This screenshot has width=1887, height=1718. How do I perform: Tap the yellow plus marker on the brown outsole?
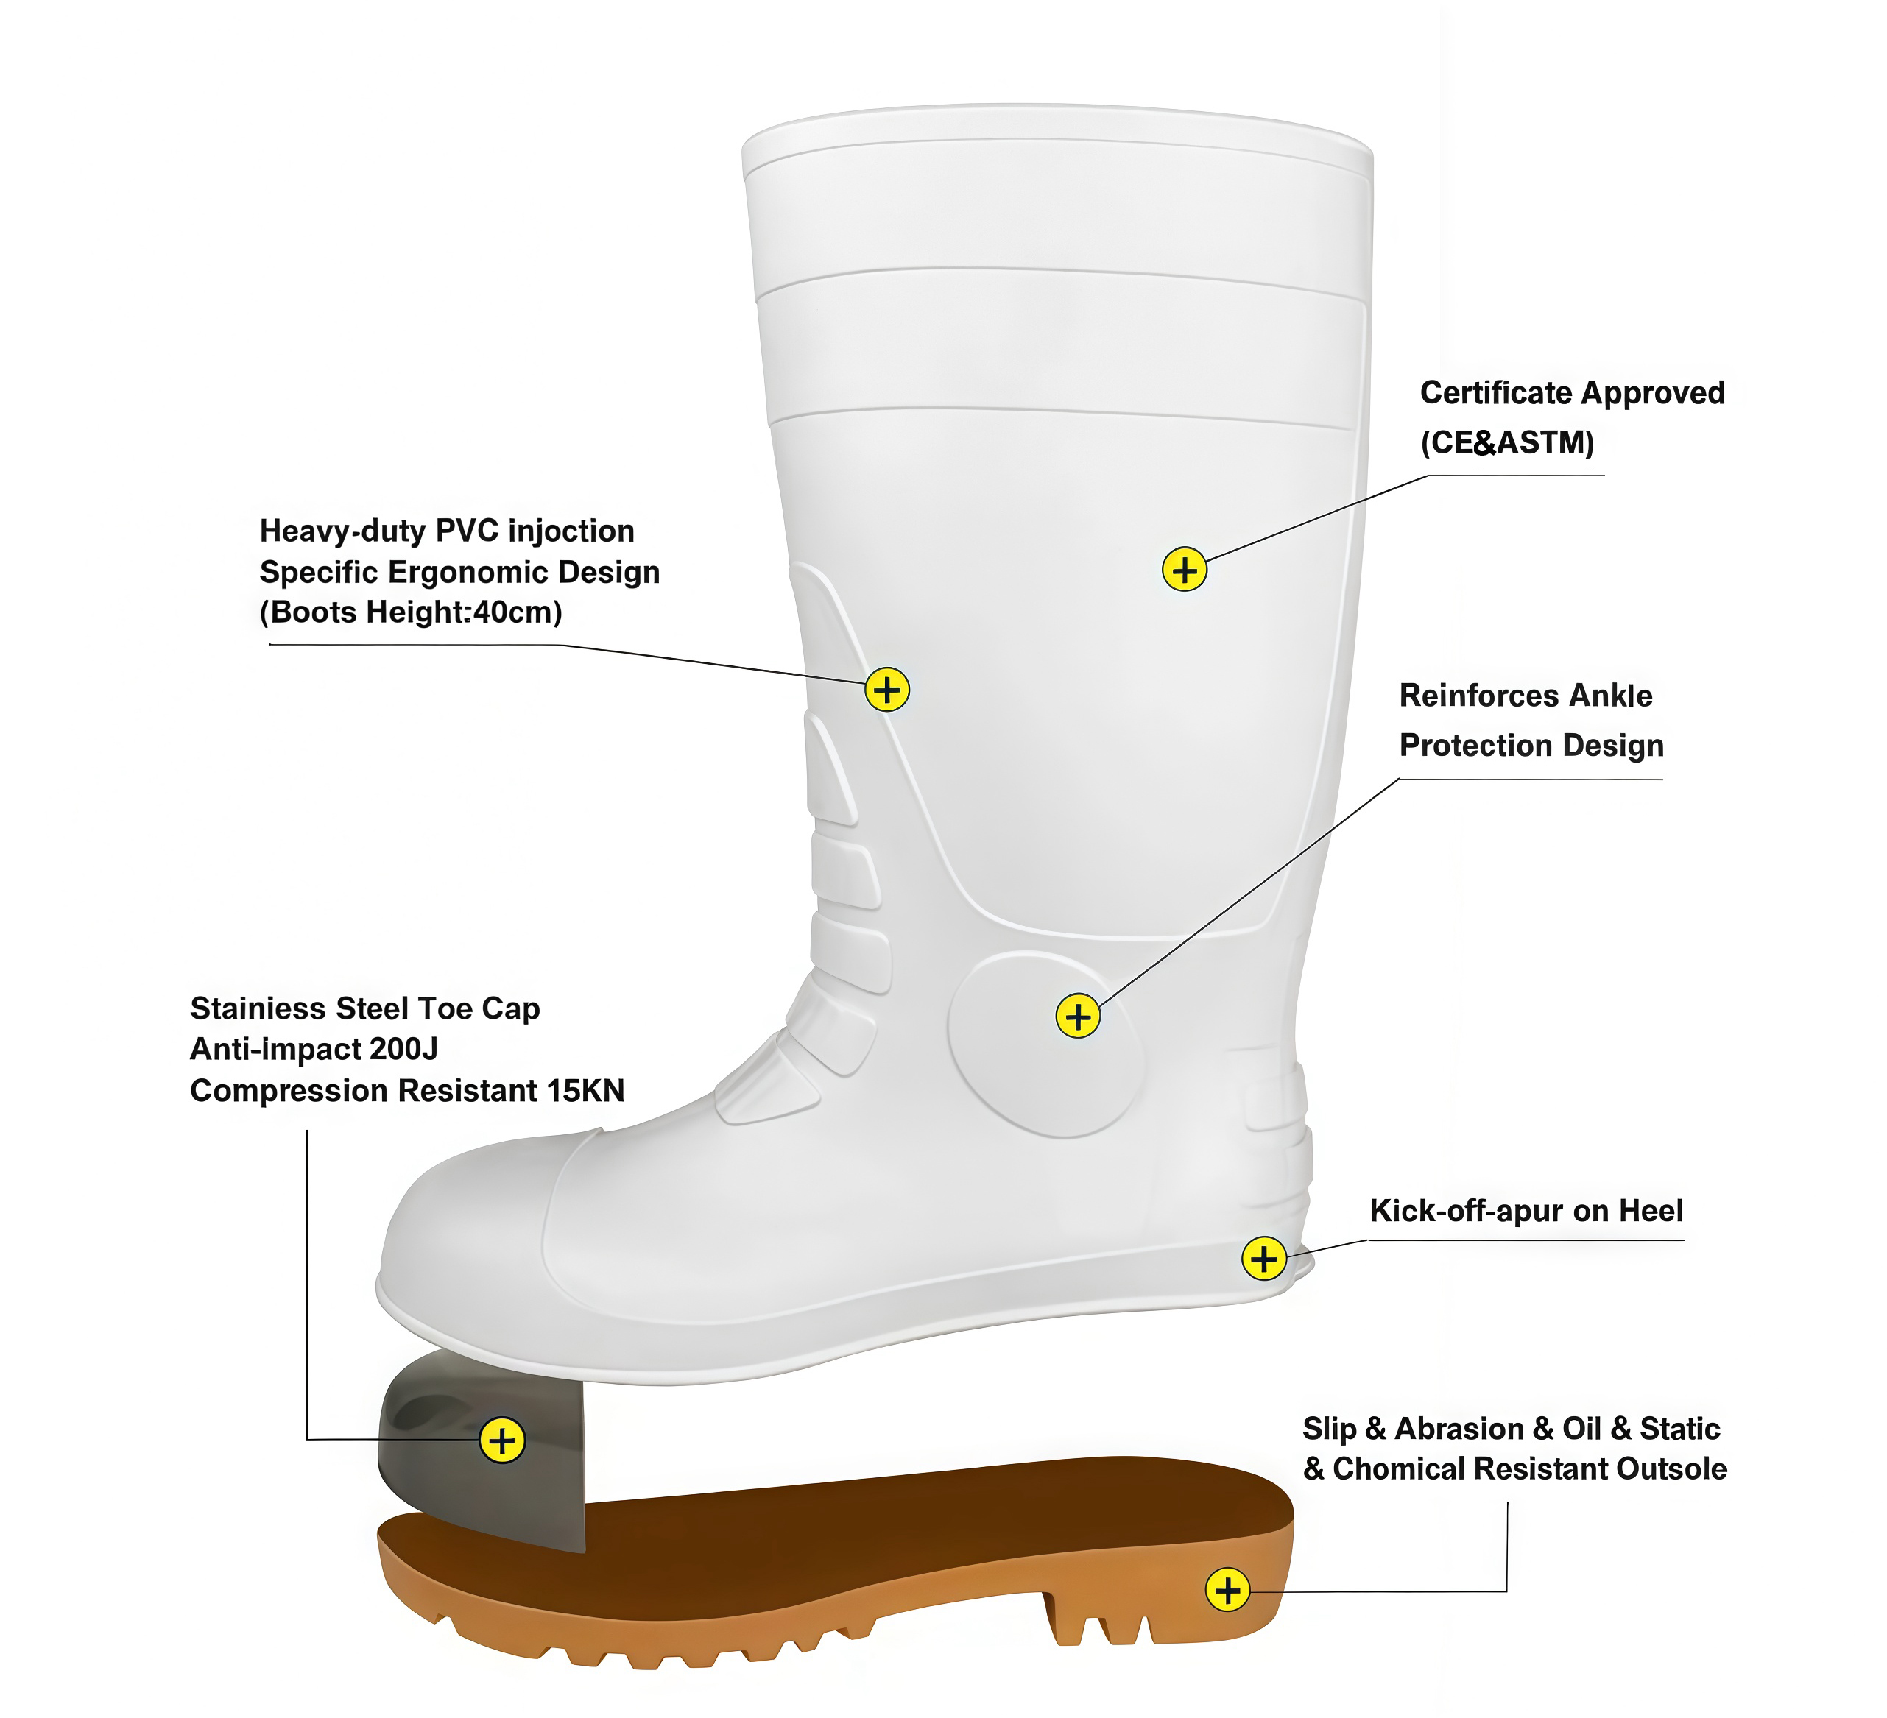point(1227,1590)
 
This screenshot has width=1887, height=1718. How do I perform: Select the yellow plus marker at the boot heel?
point(1263,1259)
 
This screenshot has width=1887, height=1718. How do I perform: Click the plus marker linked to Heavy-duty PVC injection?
point(886,690)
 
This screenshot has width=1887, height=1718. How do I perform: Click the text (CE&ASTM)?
point(1507,442)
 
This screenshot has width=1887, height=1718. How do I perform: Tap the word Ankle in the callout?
point(1610,696)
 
